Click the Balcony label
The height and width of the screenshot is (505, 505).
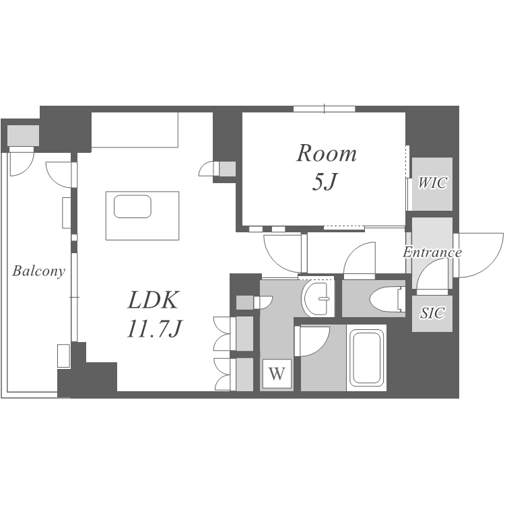[x=38, y=271]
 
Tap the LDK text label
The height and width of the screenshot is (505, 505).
[x=153, y=300]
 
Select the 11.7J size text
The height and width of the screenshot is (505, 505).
[x=155, y=329]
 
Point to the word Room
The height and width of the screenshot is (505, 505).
[x=327, y=154]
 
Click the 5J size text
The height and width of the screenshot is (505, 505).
[x=325, y=182]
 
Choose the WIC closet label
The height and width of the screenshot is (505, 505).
[x=432, y=183]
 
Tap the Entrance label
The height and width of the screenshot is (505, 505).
[x=432, y=252]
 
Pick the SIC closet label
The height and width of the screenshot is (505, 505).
[x=432, y=312]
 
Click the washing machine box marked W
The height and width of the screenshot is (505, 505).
[x=277, y=374]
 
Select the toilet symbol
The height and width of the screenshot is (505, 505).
[x=387, y=300]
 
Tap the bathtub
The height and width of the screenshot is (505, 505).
[x=366, y=358]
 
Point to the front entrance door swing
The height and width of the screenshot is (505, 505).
[x=479, y=255]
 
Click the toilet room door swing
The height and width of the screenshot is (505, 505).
[x=360, y=260]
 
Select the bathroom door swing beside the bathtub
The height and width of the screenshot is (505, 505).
[x=312, y=341]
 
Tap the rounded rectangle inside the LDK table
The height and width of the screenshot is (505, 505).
[x=133, y=207]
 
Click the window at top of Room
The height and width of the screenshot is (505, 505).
[x=324, y=109]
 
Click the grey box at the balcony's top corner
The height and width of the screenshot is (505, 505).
[x=23, y=135]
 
